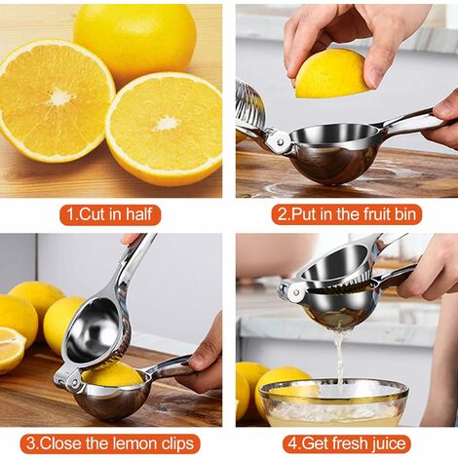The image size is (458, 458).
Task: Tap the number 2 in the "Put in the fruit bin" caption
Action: coord(283,214)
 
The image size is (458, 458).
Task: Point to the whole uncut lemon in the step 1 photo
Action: coord(134,41)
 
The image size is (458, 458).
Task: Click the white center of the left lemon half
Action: coord(60,96)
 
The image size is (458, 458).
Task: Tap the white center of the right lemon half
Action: coord(167,124)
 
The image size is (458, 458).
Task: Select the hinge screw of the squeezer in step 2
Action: coord(280,141)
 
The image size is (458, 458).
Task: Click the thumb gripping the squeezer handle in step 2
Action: coord(445,108)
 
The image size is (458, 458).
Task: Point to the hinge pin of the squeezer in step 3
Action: coord(74,382)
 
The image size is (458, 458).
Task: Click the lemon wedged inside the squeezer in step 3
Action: coord(112,374)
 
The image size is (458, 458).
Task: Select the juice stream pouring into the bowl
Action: coord(339,358)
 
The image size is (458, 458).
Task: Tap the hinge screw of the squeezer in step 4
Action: coord(295,291)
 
